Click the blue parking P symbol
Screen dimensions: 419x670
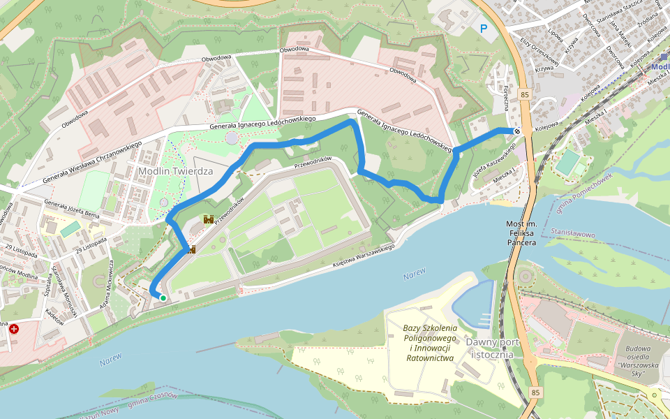click(x=484, y=29)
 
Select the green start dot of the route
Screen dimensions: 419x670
click(x=163, y=298)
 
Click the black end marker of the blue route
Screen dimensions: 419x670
click(x=518, y=131)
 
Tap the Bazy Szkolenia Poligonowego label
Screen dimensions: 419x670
click(x=430, y=343)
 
